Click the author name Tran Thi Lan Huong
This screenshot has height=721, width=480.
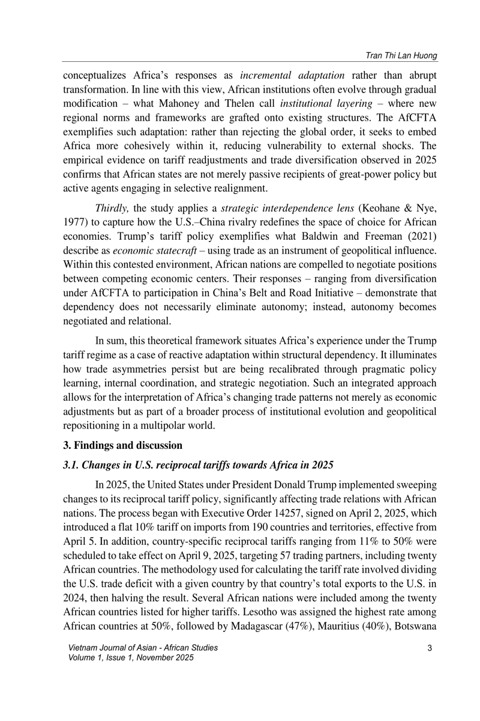[401, 55]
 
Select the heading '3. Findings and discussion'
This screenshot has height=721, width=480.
[122, 445]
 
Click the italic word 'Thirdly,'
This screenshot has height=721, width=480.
[112, 208]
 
